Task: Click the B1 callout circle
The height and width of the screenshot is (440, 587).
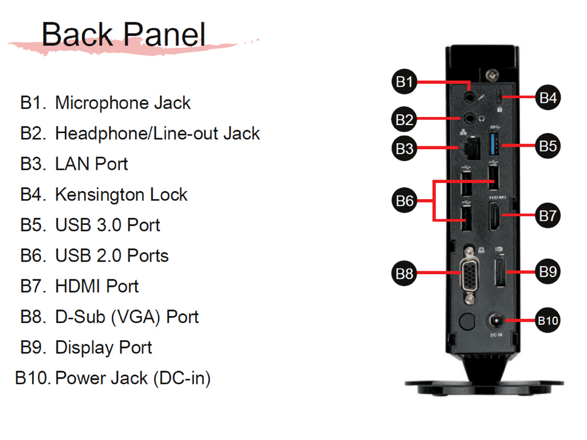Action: (404, 81)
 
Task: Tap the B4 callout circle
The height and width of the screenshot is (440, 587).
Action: (547, 98)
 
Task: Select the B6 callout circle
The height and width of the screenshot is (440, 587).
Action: (404, 201)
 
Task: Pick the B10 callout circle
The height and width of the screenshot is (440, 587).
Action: (547, 321)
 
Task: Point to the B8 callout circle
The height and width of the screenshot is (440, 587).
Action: (404, 273)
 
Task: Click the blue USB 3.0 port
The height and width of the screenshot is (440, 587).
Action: (494, 143)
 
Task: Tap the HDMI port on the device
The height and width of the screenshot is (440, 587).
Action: (495, 216)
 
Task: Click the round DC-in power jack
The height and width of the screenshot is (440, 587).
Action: (496, 321)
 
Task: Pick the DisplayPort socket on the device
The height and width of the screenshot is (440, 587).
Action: (500, 271)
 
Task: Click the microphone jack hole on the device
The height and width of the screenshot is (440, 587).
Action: (469, 97)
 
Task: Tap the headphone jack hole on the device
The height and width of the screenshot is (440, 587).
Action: (469, 118)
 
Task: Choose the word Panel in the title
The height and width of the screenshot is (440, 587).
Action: (165, 34)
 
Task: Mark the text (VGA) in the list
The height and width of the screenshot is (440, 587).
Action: (135, 317)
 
